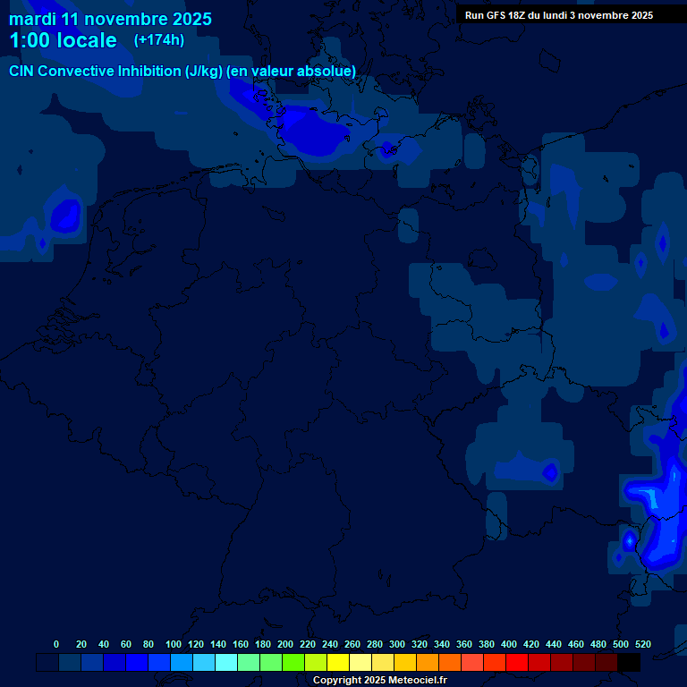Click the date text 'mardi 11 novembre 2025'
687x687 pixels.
pos(110,19)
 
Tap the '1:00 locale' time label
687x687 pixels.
pos(63,40)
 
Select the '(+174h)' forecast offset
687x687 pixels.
pos(159,39)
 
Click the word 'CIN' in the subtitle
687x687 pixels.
pos(23,71)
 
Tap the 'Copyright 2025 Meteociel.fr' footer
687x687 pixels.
pos(379,680)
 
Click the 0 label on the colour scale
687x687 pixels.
pos(56,644)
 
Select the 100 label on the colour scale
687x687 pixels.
pos(174,644)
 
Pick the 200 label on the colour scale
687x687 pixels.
pos(285,644)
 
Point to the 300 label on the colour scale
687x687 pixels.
pos(397,644)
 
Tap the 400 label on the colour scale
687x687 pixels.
pos(509,644)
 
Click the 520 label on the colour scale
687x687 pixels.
pos(642,644)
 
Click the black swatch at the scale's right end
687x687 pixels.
pos(629,662)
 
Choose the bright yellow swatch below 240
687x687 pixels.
pos(338,662)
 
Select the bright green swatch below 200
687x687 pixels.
pos(293,662)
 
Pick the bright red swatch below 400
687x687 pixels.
pos(517,662)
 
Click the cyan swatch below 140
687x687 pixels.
pos(226,662)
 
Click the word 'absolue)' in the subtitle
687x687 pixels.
pos(327,71)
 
